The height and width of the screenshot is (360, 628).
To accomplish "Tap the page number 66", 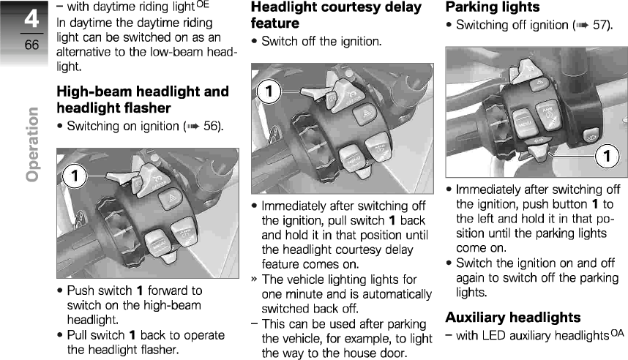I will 31,46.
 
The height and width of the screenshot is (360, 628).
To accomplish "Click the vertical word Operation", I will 31,144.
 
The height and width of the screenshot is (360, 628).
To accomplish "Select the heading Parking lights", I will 493,7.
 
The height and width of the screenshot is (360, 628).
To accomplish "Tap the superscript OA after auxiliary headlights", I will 616,333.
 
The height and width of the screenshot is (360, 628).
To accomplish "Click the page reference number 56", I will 212,126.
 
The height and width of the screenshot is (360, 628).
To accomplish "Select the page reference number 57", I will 601,25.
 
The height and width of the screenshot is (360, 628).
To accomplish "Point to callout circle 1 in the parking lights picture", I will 606,157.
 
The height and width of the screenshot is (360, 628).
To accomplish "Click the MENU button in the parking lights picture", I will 524,120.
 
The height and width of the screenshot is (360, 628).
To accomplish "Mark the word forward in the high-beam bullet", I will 173,290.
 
